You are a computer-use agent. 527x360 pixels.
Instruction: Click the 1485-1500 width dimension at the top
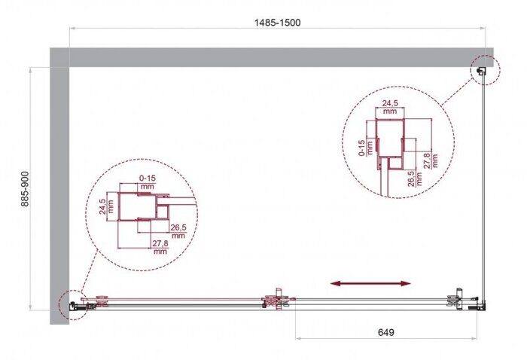click(x=277, y=22)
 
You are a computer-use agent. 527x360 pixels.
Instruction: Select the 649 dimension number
click(x=384, y=332)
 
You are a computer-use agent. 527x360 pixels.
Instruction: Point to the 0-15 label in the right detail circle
click(x=362, y=147)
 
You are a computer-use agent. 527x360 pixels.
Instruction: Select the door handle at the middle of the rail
click(x=277, y=301)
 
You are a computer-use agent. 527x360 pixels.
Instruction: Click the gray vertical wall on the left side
click(x=59, y=188)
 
